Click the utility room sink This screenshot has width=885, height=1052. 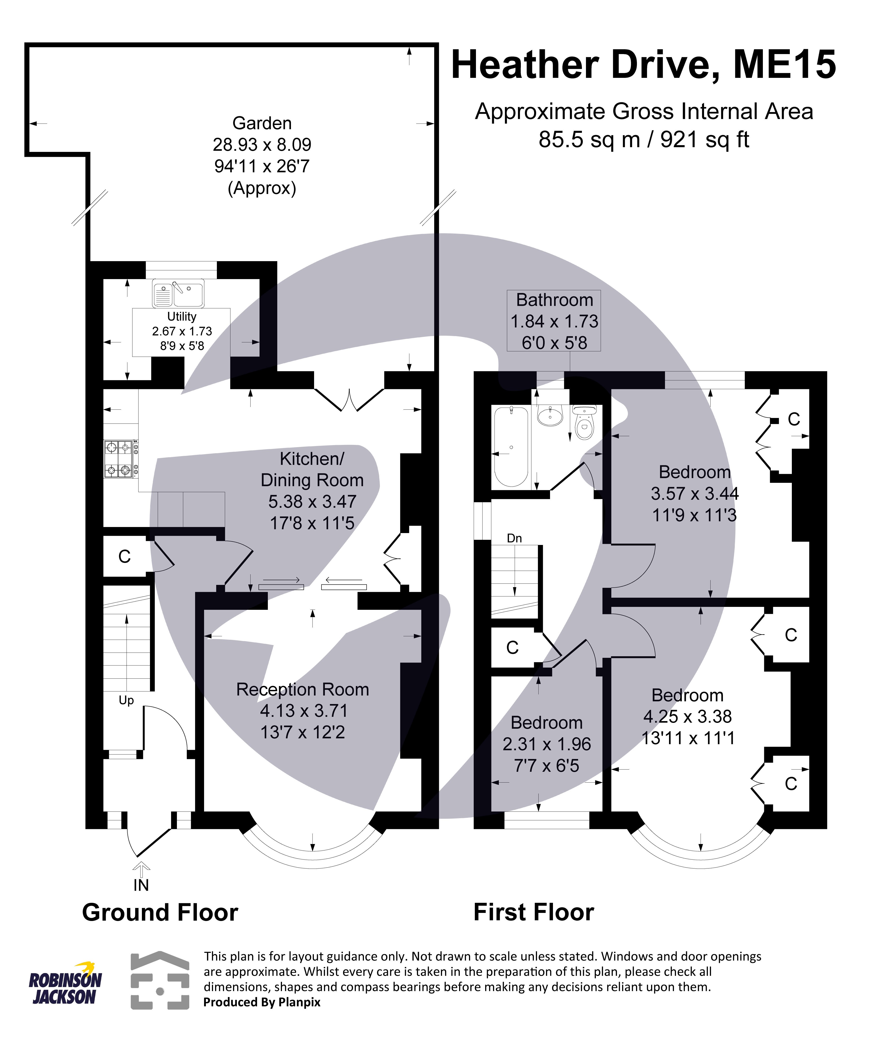tap(178, 293)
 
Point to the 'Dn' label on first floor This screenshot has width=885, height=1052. tap(514, 538)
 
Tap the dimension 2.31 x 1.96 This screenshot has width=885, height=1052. tap(546, 744)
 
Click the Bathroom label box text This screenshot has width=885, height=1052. tap(554, 300)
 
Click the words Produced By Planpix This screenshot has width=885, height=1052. tap(261, 1002)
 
